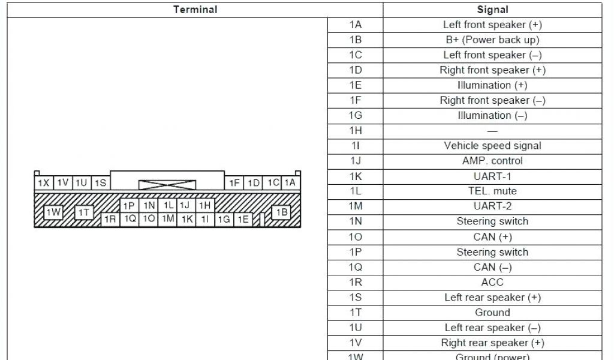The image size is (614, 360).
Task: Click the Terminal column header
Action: [x=195, y=10]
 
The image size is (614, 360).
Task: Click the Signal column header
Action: [x=492, y=10]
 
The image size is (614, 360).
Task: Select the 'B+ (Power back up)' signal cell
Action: [x=492, y=40]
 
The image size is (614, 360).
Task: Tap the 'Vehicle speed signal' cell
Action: [x=492, y=146]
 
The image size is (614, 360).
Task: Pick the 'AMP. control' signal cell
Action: [x=492, y=161]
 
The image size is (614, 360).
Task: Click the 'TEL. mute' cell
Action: [x=492, y=191]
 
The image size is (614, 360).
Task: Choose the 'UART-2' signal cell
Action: [x=492, y=206]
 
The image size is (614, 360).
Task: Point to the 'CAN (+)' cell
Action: [x=492, y=237]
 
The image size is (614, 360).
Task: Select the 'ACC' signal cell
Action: [x=492, y=282]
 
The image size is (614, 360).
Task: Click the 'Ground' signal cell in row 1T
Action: [x=492, y=313]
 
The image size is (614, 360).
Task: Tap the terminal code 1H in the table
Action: [x=356, y=131]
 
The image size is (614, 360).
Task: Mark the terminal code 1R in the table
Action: [x=356, y=282]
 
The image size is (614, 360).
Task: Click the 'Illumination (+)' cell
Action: [x=492, y=85]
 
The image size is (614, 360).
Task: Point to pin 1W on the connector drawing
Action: [x=53, y=212]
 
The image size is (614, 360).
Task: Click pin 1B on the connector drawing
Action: [x=281, y=212]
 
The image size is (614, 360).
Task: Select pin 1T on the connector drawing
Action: [x=84, y=212]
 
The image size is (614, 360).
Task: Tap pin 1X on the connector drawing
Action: [x=44, y=183]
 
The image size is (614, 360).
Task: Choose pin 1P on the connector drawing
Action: [x=129, y=206]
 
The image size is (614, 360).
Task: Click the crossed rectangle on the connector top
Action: [x=164, y=184]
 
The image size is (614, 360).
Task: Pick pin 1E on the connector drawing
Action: [x=243, y=220]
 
